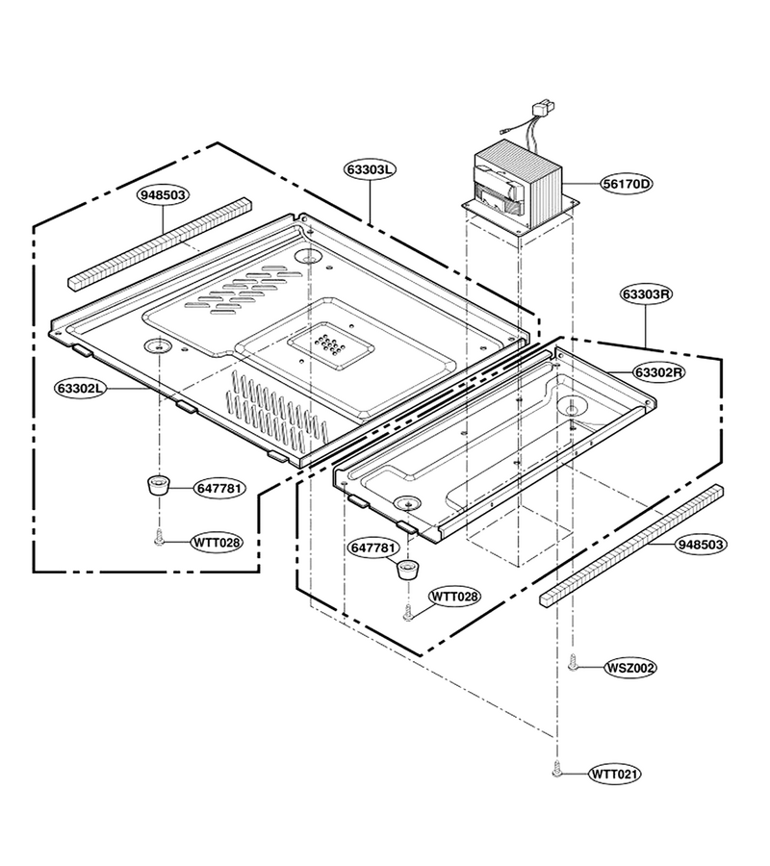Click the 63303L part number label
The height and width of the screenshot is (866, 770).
coord(370,169)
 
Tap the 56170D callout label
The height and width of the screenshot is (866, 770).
coord(627,184)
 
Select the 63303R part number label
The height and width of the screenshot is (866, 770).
coord(646,294)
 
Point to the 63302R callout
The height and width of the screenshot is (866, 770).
coord(659,372)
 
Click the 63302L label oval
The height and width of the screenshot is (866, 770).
coord(80,389)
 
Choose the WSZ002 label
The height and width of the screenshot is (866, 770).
coord(630,668)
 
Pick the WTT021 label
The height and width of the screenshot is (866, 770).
coord(615,775)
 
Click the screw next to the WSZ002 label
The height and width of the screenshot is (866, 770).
coord(573,663)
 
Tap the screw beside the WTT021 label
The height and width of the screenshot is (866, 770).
coord(556,769)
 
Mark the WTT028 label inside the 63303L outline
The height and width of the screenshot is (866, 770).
coord(218,543)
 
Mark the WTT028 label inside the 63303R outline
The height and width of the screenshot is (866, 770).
coord(455,597)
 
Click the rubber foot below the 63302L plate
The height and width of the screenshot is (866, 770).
coord(159,486)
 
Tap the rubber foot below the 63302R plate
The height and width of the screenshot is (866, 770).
coord(408,569)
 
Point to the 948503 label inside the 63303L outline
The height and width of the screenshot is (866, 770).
coord(163,195)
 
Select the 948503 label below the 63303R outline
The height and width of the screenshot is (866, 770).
coord(701,545)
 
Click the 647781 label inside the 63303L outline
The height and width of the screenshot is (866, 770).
coord(219,488)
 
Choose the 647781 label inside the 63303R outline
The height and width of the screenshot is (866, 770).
coord(373,548)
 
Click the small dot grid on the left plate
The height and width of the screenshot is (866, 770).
coord(330,345)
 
